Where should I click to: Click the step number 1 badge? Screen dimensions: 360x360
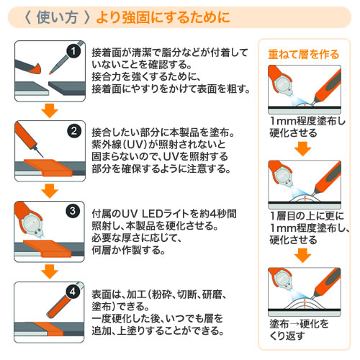pyautogui.click(x=73, y=51)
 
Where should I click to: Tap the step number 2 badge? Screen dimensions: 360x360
pyautogui.click(x=74, y=131)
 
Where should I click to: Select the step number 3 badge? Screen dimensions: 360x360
pyautogui.click(x=73, y=211)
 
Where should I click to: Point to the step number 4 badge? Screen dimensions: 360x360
pyautogui.click(x=73, y=292)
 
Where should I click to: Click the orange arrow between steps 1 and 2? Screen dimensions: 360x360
pyautogui.click(x=50, y=111)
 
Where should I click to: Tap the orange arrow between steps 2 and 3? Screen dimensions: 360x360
pyautogui.click(x=50, y=191)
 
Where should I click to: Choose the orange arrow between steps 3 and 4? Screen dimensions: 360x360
pyautogui.click(x=50, y=271)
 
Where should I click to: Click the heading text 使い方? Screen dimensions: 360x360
pyautogui.click(x=57, y=17)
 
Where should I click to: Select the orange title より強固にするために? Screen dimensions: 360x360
pyautogui.click(x=163, y=17)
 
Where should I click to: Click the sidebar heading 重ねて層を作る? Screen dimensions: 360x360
pyautogui.click(x=303, y=54)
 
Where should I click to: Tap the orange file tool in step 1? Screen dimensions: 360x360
pyautogui.click(x=28, y=67)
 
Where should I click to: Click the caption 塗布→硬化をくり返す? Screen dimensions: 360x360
pyautogui.click(x=299, y=330)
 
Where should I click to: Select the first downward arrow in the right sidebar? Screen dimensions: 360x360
pyautogui.click(x=303, y=149)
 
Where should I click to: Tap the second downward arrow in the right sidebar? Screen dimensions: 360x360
pyautogui.click(x=303, y=255)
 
